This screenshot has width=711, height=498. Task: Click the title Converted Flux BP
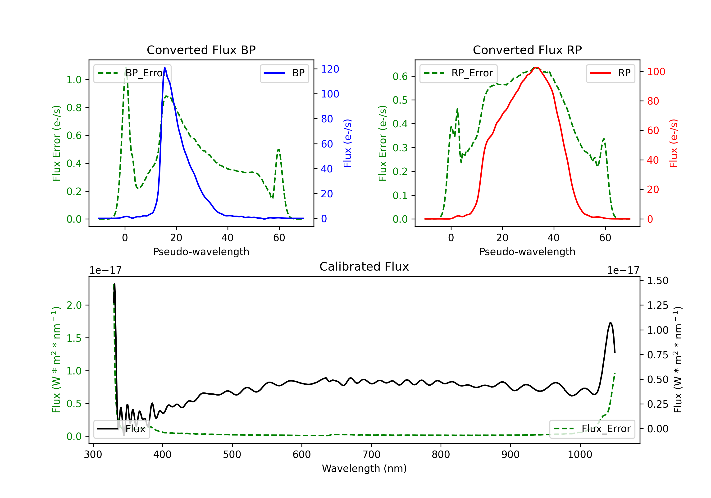pyautogui.click(x=201, y=50)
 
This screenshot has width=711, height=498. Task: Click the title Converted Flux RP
pyautogui.click(x=527, y=50)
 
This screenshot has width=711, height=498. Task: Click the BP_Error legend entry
pyautogui.click(x=132, y=73)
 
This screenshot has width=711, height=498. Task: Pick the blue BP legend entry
pyautogui.click(x=284, y=73)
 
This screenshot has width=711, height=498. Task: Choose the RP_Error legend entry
pyautogui.click(x=458, y=73)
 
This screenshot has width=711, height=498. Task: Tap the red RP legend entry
pyautogui.click(x=610, y=73)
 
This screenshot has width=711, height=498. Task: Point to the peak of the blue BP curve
pyautogui.click(x=165, y=67)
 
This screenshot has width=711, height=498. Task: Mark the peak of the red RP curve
pyautogui.click(x=537, y=67)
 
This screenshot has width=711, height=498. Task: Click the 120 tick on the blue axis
pyautogui.click(x=330, y=69)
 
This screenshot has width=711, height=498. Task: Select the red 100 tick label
pyautogui.click(x=656, y=72)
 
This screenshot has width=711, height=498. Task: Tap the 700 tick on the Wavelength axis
pyautogui.click(x=371, y=454)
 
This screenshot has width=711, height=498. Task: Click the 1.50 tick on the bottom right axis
pyautogui.click(x=658, y=281)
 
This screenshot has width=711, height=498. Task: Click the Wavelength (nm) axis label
pyautogui.click(x=364, y=468)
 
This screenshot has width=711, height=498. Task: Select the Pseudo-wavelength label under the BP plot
pyautogui.click(x=201, y=252)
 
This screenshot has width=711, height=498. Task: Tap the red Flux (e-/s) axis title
pyautogui.click(x=674, y=143)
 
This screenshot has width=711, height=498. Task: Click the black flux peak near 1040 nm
pyautogui.click(x=610, y=323)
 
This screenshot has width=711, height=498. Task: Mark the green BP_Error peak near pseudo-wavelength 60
pyautogui.click(x=279, y=150)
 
